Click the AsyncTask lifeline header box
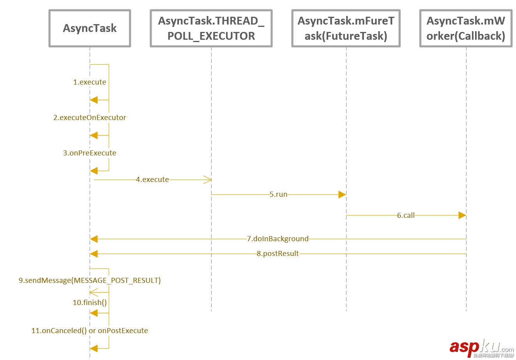tap(90, 28)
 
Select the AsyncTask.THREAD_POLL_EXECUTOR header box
tap(211, 28)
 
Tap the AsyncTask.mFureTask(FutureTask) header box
tap(346, 28)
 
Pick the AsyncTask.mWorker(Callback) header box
tap(466, 28)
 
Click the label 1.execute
tap(90, 82)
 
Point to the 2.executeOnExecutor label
tap(90, 118)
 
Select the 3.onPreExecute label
tap(90, 153)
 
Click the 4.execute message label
tap(152, 180)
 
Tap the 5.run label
tap(278, 194)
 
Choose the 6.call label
tap(406, 215)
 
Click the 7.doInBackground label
tap(277, 239)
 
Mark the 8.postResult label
tap(277, 254)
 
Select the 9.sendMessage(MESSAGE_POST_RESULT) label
tap(90, 281)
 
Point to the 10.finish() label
tap(90, 303)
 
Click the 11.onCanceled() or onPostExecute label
tap(90, 331)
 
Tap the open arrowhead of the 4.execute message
tap(208, 180)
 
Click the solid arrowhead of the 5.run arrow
tap(342, 194)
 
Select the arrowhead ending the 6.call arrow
tap(462, 215)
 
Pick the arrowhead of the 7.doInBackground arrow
tap(94, 239)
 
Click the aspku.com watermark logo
tap(482, 348)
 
